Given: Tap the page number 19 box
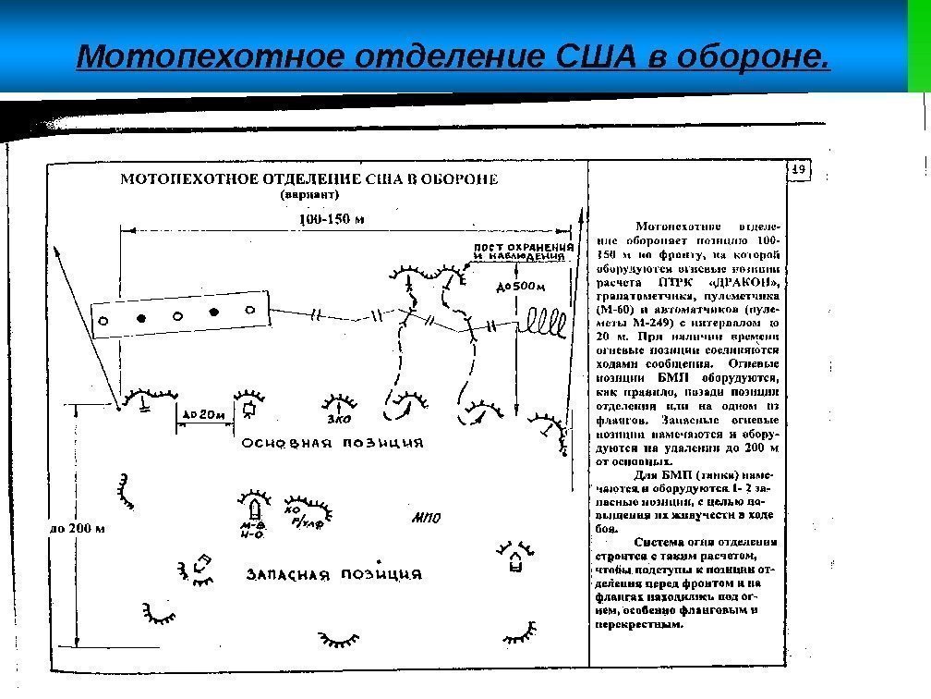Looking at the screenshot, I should click(x=799, y=169).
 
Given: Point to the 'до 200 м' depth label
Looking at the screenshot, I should click(x=77, y=530).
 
